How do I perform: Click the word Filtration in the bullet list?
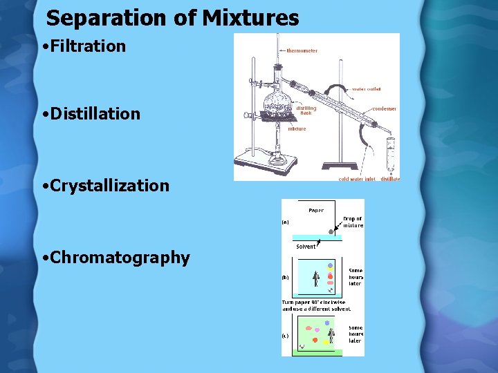point(89,47)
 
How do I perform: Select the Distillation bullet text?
point(95,114)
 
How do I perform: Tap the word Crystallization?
point(110,186)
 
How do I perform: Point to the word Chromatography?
point(120,258)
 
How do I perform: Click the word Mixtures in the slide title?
point(250,18)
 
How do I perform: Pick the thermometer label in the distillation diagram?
point(302,50)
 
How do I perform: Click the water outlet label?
point(366,88)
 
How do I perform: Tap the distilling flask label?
point(306,111)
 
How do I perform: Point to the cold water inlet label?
point(356,179)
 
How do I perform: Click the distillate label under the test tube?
point(390,179)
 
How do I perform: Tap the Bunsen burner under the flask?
point(278,149)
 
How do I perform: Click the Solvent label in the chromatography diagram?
point(306,246)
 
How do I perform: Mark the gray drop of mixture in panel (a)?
point(331,232)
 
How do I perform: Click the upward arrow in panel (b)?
point(316,279)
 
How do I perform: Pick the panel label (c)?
point(285,336)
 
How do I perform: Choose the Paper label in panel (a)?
point(315,210)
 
